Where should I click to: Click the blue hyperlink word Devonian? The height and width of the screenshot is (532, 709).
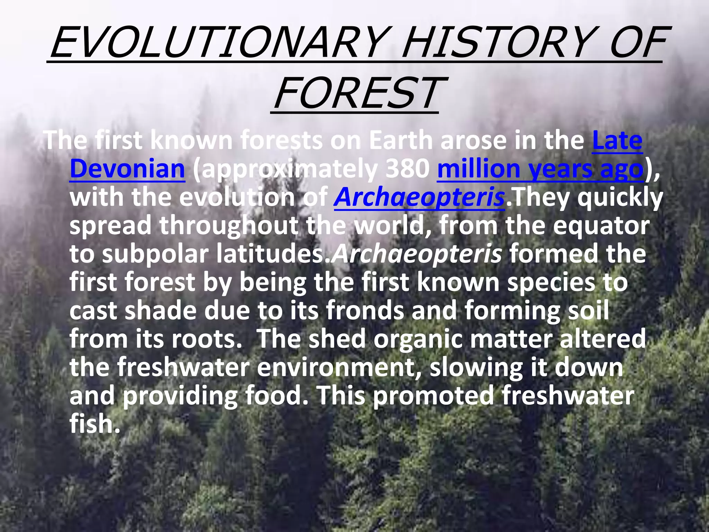pos(127,169)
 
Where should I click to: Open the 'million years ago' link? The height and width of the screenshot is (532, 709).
pos(540,169)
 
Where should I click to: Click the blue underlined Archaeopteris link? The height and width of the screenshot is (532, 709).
pos(419,197)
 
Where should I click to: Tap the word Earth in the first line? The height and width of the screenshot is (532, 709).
pos(400,141)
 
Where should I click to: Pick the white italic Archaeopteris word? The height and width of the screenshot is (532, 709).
pos(417,254)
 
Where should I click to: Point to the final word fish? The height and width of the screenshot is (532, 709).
pos(94,424)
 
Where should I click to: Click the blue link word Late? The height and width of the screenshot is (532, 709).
pos(617,141)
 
